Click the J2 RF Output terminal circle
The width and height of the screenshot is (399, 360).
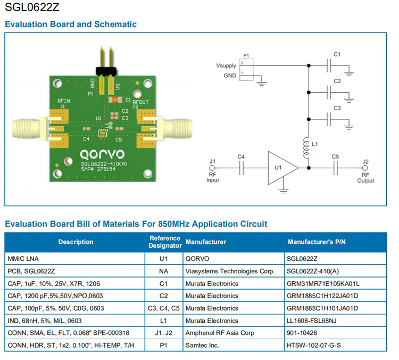tap(365, 168)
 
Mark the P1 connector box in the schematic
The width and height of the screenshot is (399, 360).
tap(245, 69)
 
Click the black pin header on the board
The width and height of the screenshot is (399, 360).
tap(106, 70)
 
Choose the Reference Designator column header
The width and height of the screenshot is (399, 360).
tap(165, 242)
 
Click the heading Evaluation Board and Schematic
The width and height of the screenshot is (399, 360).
tap(71, 24)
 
